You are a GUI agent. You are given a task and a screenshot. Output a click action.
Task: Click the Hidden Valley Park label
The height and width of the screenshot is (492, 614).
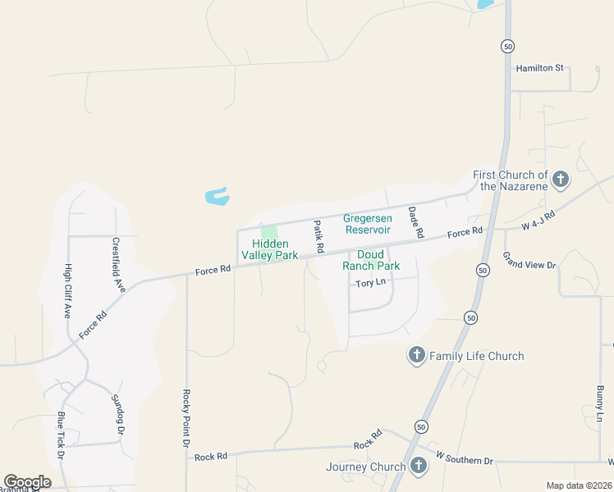275,249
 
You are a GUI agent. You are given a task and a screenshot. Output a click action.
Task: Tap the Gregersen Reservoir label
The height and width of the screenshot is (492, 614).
366,224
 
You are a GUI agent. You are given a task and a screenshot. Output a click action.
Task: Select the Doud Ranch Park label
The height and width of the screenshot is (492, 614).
371,260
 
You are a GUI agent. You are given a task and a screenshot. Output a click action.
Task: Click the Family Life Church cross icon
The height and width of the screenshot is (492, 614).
416,355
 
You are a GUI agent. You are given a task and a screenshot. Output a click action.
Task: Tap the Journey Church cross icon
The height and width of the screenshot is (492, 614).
419,466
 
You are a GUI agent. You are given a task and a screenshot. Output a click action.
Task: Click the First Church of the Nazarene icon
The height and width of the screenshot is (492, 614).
561,180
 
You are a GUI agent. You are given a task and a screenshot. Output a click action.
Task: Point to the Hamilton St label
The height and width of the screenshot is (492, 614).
540,68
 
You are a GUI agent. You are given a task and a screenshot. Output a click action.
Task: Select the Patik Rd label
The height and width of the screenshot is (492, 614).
318,236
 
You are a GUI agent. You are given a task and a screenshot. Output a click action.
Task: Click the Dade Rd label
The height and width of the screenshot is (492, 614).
415,222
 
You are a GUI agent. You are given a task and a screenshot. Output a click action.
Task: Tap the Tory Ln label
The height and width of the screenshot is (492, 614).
370,283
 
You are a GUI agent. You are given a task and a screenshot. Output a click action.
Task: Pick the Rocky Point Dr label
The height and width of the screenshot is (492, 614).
186,417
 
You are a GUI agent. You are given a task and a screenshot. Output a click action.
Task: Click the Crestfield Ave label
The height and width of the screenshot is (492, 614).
118,265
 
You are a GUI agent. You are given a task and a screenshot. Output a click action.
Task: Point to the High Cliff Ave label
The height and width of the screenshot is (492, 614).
67,290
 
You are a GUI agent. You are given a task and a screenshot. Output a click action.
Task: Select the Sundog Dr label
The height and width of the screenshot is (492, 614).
118,414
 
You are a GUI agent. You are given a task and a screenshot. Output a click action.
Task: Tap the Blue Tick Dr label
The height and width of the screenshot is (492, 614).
61,435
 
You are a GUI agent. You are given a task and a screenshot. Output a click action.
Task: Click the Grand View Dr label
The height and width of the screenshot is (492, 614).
529,261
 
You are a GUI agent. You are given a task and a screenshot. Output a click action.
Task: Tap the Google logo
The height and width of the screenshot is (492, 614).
27,481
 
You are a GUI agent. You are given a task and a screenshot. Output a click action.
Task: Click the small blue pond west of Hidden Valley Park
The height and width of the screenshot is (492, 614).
217,196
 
